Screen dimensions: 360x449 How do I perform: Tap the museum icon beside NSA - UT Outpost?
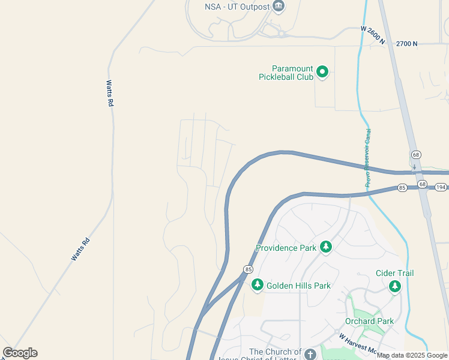tap(278, 7)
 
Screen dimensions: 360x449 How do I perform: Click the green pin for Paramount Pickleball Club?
tap(322, 72)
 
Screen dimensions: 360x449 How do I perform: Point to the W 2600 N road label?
tap(373, 36)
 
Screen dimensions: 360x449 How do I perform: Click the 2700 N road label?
tap(406, 44)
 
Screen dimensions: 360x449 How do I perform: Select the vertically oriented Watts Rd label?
tap(110, 94)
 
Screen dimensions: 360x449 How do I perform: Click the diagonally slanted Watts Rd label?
tap(80, 249)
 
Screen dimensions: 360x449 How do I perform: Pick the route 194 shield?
tap(441, 188)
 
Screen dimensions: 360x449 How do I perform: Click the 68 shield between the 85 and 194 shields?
tap(422, 184)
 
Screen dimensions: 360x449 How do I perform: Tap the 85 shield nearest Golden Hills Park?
tap(247, 269)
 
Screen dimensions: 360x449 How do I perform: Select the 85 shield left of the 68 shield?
tap(402, 188)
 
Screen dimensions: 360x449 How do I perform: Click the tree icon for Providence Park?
tap(326, 247)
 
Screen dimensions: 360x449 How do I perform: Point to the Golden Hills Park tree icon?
tap(258, 285)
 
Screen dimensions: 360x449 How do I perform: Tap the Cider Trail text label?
tap(394, 274)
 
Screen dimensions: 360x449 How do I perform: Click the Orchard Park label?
tap(369, 321)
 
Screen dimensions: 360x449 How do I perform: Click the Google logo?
tap(20, 353)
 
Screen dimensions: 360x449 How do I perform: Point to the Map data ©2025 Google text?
tap(412, 355)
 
